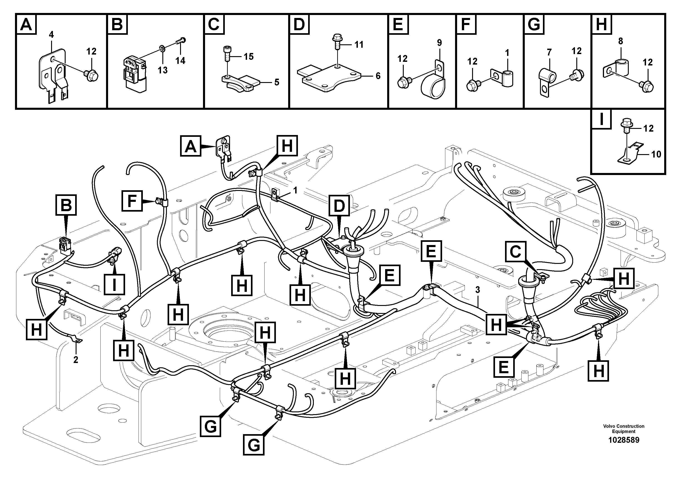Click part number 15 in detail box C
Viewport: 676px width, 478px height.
pos(248,57)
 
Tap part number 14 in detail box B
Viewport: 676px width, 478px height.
pos(180,61)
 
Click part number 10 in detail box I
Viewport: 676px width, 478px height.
pos(656,154)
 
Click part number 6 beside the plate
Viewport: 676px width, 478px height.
pos(378,76)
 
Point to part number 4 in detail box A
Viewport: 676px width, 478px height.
pos(51,35)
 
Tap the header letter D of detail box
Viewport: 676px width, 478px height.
pos(299,24)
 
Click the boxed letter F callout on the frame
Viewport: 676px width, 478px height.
pos(132,201)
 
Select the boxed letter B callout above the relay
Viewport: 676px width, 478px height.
pos(66,205)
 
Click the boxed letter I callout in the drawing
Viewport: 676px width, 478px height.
pos(114,284)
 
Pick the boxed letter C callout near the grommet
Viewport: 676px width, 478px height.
pos(515,252)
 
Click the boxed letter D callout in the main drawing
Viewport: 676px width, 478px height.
pos(339,205)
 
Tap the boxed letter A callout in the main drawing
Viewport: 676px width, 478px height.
pos(191,146)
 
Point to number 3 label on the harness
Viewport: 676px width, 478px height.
pos(478,290)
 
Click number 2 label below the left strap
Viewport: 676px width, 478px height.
pos(76,360)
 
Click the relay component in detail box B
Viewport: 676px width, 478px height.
pos(134,72)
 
